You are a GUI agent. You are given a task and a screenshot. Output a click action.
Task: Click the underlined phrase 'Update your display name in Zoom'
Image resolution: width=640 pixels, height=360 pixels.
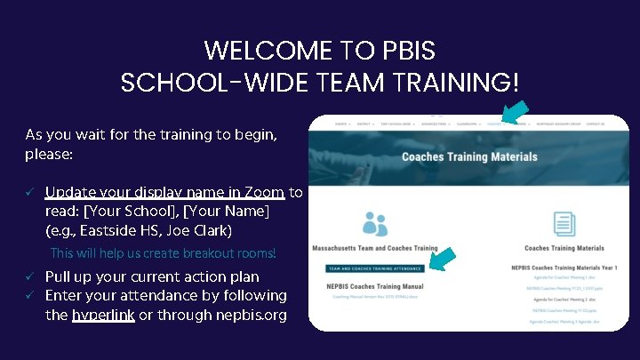(x=164, y=192)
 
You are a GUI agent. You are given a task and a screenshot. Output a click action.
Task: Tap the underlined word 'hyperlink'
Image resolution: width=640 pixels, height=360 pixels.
(x=103, y=315)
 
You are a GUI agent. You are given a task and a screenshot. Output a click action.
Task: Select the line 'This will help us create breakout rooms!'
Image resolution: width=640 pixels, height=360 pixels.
(x=164, y=254)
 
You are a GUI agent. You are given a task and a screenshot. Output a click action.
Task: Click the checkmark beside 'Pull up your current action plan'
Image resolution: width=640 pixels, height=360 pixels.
(x=29, y=276)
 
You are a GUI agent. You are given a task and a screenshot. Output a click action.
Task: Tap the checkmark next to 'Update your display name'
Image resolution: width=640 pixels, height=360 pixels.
(x=29, y=192)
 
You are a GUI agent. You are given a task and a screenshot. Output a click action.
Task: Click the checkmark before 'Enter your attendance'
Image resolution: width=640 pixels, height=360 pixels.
(x=29, y=295)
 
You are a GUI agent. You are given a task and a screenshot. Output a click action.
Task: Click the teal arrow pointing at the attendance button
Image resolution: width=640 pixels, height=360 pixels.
(x=442, y=260)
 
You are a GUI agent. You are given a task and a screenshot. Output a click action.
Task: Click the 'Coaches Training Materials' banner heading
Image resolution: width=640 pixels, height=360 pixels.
(x=469, y=157)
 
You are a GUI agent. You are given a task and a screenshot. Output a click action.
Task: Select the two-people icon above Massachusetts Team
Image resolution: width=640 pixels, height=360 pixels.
(x=374, y=224)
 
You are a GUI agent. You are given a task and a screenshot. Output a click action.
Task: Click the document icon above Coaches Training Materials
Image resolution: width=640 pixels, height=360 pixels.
(x=564, y=224)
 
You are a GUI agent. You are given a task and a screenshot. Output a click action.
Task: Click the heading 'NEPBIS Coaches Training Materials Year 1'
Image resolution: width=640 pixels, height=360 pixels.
(x=564, y=267)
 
